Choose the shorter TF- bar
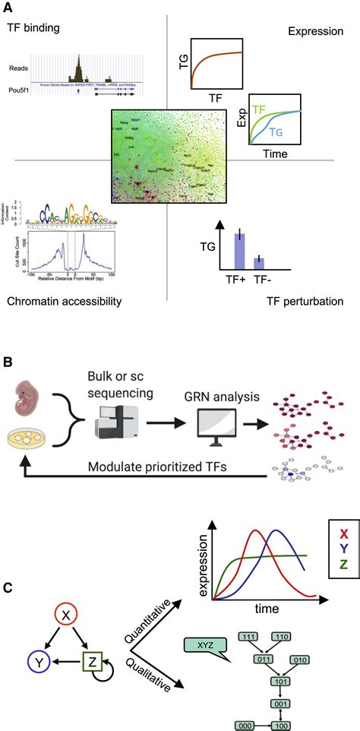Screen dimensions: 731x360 click(258, 262)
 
